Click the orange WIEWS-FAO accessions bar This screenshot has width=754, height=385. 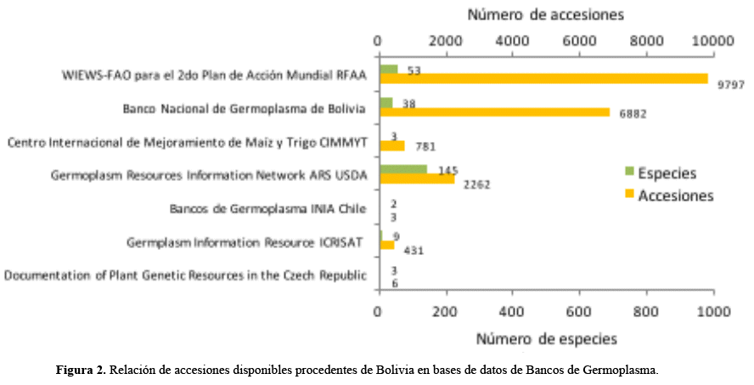click(x=543, y=78)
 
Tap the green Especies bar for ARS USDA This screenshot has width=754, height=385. click(x=403, y=169)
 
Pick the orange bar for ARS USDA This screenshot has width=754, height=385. click(x=417, y=179)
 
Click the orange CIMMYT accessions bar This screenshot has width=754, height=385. click(x=392, y=145)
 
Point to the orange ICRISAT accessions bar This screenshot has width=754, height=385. click(x=386, y=245)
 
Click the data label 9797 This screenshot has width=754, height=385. click(x=730, y=86)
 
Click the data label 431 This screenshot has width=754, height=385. click(x=413, y=251)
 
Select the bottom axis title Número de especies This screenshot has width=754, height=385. click(x=545, y=338)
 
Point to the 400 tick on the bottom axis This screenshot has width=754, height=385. click(x=512, y=311)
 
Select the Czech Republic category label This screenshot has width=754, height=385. click(x=186, y=275)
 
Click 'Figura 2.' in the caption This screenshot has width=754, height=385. click(x=82, y=371)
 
